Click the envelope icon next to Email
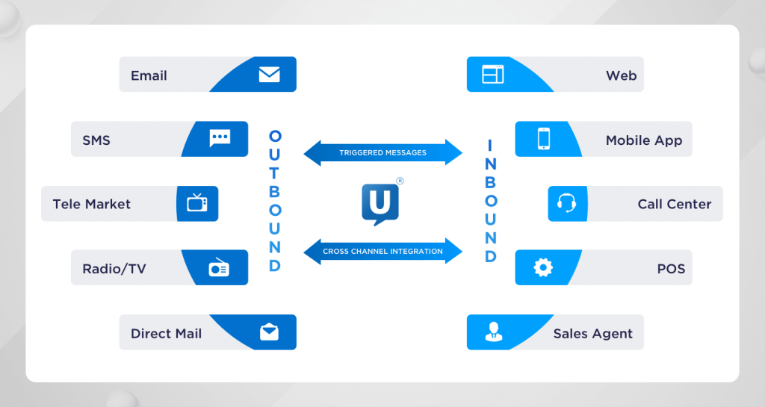click(269, 75)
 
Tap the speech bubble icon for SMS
click(220, 138)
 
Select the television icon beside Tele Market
click(197, 203)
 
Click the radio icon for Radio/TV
click(219, 267)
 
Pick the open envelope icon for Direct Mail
click(269, 332)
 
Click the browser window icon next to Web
click(493, 75)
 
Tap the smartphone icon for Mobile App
click(543, 139)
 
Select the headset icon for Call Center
click(566, 203)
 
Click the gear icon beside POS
click(543, 267)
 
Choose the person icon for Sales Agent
click(493, 332)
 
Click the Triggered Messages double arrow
click(382, 152)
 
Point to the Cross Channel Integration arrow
click(382, 252)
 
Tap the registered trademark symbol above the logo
click(400, 181)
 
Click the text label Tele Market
click(91, 204)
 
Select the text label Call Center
click(674, 204)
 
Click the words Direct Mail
click(166, 333)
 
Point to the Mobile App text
click(643, 140)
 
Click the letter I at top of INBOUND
click(491, 144)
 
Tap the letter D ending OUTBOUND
click(275, 266)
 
